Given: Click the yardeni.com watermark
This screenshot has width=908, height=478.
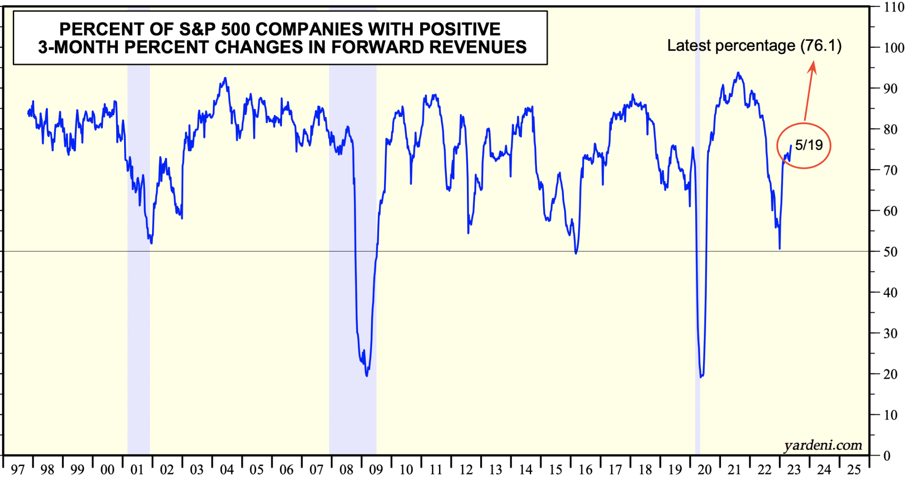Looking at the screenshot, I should pyautogui.click(x=823, y=445).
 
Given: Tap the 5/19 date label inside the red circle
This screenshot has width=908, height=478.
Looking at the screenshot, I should pyautogui.click(x=809, y=145).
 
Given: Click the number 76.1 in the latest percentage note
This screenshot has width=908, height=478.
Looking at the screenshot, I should pyautogui.click(x=821, y=46).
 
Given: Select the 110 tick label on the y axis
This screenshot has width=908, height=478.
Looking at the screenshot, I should pyautogui.click(x=893, y=7).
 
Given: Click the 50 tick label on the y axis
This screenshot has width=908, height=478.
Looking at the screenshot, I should pyautogui.click(x=890, y=252).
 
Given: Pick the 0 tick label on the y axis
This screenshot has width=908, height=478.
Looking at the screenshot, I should pyautogui.click(x=887, y=456).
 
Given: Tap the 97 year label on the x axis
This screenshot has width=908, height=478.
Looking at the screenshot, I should pyautogui.click(x=18, y=470).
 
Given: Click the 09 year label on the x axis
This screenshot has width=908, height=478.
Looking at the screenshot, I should pyautogui.click(x=376, y=470).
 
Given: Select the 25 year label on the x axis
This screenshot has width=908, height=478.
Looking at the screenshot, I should pyautogui.click(x=854, y=470).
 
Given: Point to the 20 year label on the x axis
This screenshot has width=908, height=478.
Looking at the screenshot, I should pyautogui.click(x=704, y=470).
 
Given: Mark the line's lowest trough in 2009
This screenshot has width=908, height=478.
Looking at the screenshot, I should pyautogui.click(x=367, y=376).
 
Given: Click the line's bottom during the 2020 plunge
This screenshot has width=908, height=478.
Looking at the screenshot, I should pyautogui.click(x=701, y=377).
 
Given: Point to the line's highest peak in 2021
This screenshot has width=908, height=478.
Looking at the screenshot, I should pyautogui.click(x=738, y=73).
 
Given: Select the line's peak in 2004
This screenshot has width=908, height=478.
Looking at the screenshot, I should pyautogui.click(x=226, y=78).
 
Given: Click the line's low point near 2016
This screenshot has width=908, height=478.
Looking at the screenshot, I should pyautogui.click(x=576, y=253).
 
